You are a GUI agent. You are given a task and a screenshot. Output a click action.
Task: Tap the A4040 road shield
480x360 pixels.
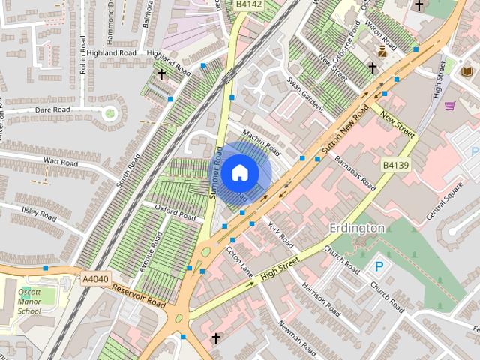click(95, 279)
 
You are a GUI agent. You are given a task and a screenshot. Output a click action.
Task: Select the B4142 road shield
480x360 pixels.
click(248, 4)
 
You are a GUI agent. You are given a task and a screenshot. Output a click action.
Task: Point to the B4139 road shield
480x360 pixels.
click(395, 165)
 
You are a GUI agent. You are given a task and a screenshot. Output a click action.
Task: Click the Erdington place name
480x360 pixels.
click(357, 227)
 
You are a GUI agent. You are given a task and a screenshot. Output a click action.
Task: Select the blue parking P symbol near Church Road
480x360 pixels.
click(381, 267)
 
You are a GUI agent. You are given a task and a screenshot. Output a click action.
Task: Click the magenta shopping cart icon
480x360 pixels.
click(449, 106)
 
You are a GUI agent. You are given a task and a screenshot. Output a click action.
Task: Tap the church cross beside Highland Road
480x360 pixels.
click(161, 73)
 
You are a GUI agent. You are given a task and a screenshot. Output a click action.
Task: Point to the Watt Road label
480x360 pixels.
click(61, 161)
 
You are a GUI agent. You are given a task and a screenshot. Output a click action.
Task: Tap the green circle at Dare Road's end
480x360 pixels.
click(110, 114)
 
